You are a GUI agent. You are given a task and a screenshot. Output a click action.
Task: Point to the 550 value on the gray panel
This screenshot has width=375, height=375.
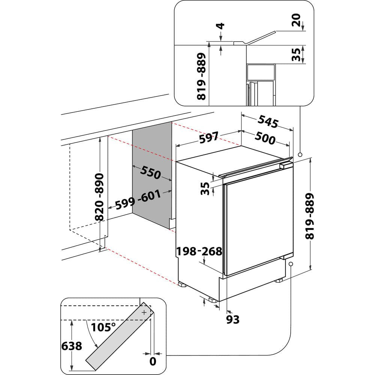(x=151, y=172)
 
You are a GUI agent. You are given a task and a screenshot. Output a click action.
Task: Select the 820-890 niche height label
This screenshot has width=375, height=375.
(x=99, y=197)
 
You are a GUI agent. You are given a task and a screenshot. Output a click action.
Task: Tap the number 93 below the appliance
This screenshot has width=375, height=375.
(x=233, y=319)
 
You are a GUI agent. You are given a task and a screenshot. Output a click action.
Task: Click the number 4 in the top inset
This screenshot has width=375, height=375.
(x=221, y=26)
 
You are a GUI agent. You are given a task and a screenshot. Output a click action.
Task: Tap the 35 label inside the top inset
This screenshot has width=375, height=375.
(x=296, y=54)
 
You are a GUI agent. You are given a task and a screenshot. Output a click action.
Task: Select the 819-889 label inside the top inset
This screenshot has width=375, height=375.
(x=202, y=76)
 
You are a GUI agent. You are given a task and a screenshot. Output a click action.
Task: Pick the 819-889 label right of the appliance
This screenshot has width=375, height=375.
(x=310, y=216)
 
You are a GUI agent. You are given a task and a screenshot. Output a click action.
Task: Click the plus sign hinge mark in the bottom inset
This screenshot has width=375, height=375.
(x=144, y=312)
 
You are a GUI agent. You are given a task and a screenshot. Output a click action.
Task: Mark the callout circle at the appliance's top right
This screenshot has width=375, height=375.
(x=300, y=154)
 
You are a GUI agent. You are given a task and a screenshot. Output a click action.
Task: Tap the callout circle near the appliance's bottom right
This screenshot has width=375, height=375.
(x=291, y=264)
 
